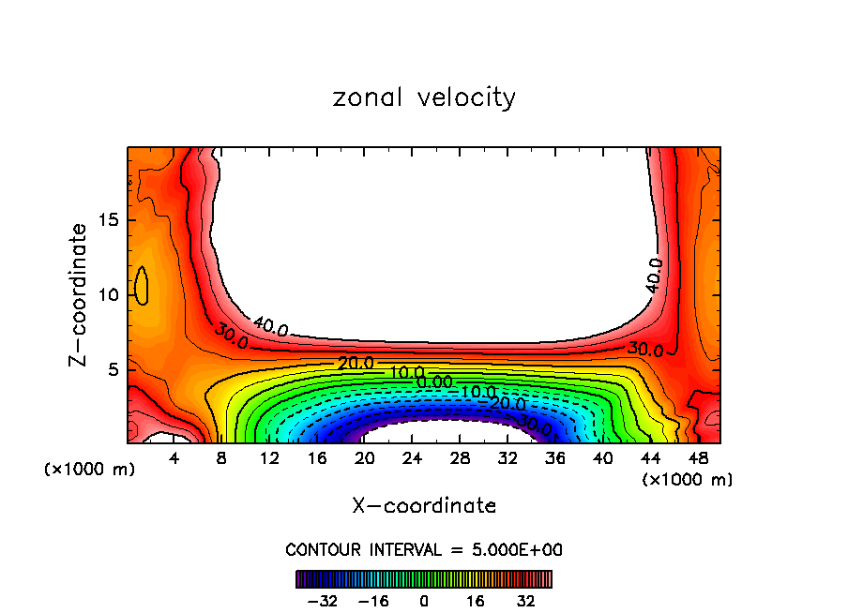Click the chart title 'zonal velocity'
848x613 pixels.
pyautogui.click(x=424, y=97)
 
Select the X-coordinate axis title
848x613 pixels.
pyautogui.click(x=424, y=506)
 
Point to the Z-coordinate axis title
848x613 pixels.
pyautogui.click(x=81, y=294)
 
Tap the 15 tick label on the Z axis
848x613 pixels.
pyautogui.click(x=107, y=221)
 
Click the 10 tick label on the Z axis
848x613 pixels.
pyautogui.click(x=107, y=295)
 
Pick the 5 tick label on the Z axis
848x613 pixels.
pyautogui.click(x=112, y=369)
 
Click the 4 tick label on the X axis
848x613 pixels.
pyautogui.click(x=174, y=459)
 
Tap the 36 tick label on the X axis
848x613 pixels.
pyautogui.click(x=555, y=459)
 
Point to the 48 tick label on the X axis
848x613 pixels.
pyautogui.click(x=699, y=459)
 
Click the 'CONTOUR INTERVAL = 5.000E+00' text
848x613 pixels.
pyautogui.click(x=424, y=549)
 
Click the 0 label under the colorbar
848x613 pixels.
pyautogui.click(x=424, y=599)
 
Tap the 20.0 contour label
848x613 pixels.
pyautogui.click(x=356, y=364)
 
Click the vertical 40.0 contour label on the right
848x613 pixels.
pyautogui.click(x=654, y=276)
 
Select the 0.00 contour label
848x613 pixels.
pyautogui.click(x=433, y=381)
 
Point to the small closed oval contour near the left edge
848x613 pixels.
pyautogui.click(x=142, y=285)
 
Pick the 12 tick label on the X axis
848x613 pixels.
pyautogui.click(x=269, y=459)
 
